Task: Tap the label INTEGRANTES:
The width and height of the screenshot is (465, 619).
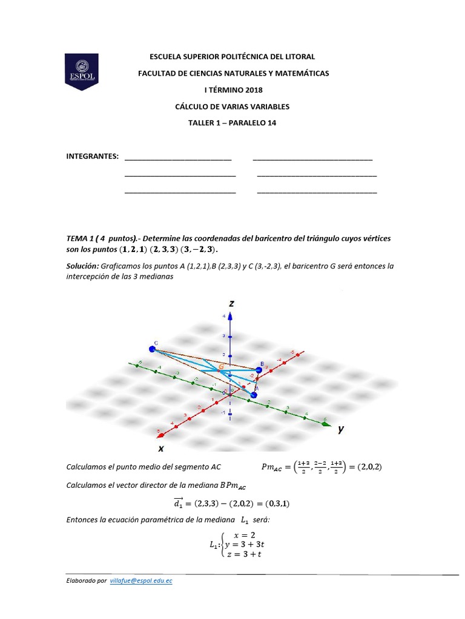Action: [91, 157]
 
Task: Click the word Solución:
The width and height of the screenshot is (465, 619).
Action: [82, 266]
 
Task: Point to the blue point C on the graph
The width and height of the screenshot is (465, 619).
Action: [152, 349]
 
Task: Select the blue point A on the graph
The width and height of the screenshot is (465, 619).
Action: [253, 395]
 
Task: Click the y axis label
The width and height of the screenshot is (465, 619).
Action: [341, 429]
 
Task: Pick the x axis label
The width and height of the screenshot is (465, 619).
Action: [161, 448]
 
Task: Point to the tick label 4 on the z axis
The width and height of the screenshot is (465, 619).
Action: [224, 316]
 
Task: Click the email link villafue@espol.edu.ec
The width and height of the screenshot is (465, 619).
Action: [141, 580]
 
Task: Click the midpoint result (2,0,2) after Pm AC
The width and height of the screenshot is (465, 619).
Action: [370, 467]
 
